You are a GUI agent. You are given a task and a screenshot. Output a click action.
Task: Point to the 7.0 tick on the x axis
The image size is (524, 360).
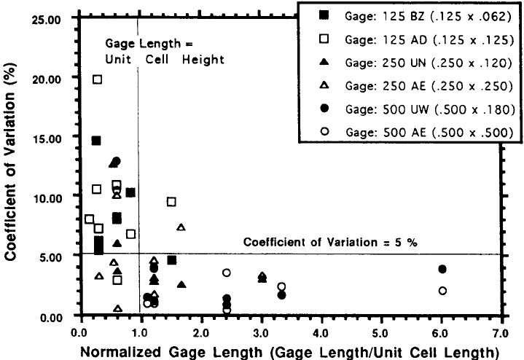[502, 332]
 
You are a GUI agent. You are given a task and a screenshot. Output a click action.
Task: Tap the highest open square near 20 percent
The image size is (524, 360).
[98, 79]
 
